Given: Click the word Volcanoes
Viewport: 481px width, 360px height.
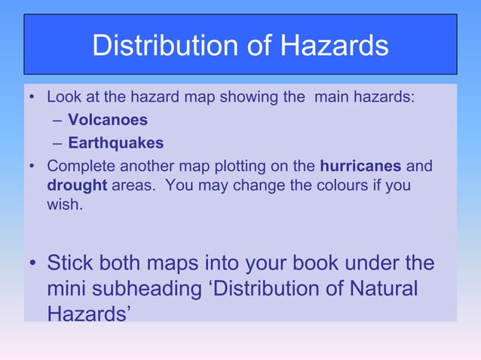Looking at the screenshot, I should click(x=108, y=120).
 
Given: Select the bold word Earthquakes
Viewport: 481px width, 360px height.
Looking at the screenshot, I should click(x=115, y=142).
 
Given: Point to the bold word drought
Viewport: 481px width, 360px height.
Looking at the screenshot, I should click(x=77, y=185).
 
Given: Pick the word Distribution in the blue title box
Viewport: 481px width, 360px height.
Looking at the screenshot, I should click(x=164, y=47).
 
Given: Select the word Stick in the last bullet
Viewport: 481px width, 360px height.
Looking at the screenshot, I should click(x=72, y=263).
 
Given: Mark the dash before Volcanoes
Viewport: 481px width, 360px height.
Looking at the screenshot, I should click(x=58, y=121).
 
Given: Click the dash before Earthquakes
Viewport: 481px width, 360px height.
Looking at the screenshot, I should click(x=58, y=143).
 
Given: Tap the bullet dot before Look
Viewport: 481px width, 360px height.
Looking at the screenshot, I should click(x=32, y=98).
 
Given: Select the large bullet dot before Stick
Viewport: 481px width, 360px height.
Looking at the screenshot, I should click(x=32, y=264).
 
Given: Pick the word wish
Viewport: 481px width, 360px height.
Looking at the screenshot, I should click(x=63, y=205).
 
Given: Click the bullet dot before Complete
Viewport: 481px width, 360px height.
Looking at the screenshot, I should click(x=32, y=166).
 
